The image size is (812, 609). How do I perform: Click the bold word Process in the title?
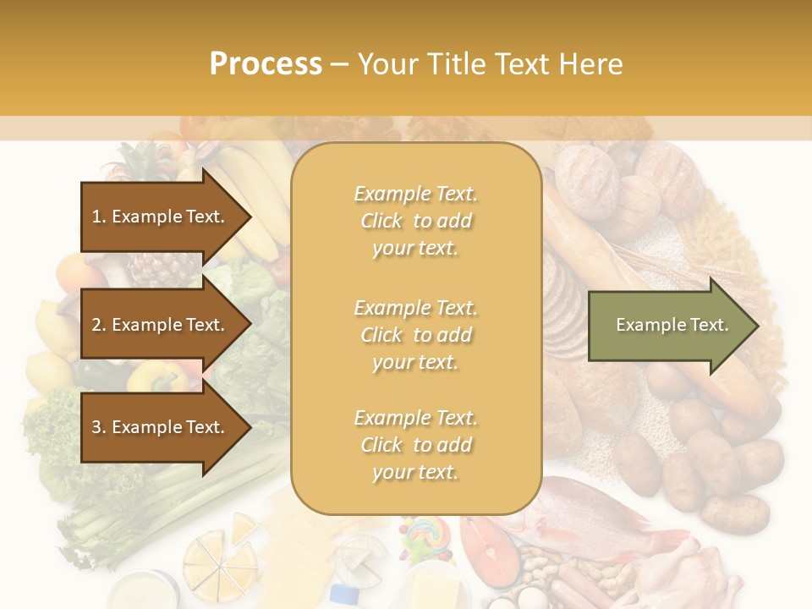coord(266,64)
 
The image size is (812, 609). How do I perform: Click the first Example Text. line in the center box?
coord(415,194)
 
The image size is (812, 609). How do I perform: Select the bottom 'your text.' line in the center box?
coord(415,472)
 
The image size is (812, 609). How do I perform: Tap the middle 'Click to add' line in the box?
coord(415,335)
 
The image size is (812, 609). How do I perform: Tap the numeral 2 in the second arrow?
coord(96,325)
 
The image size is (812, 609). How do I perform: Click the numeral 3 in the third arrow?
coord(96,427)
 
